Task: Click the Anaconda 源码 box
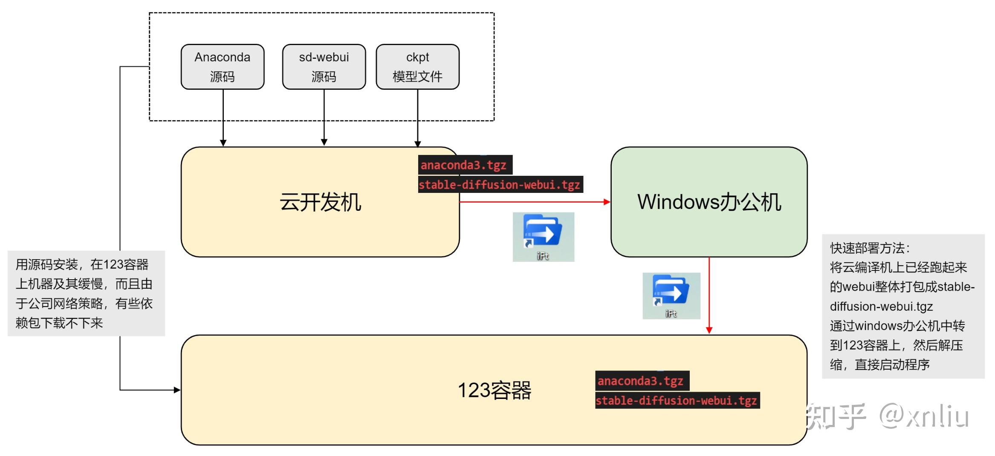(222, 67)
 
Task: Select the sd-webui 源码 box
(324, 67)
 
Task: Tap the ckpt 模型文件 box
(417, 67)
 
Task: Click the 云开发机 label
(320, 202)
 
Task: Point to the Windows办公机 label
(709, 202)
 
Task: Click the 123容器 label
(494, 390)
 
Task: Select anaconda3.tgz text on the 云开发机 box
(464, 165)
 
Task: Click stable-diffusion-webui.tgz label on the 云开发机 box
(499, 185)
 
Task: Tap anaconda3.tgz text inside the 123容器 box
(641, 381)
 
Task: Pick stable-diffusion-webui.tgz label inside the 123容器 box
(676, 401)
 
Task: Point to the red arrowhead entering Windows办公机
(607, 202)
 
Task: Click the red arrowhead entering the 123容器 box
(709, 330)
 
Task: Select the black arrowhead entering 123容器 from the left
(177, 390)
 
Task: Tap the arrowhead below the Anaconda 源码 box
(223, 143)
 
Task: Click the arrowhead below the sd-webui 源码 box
(324, 142)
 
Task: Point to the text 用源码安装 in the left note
(47, 265)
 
